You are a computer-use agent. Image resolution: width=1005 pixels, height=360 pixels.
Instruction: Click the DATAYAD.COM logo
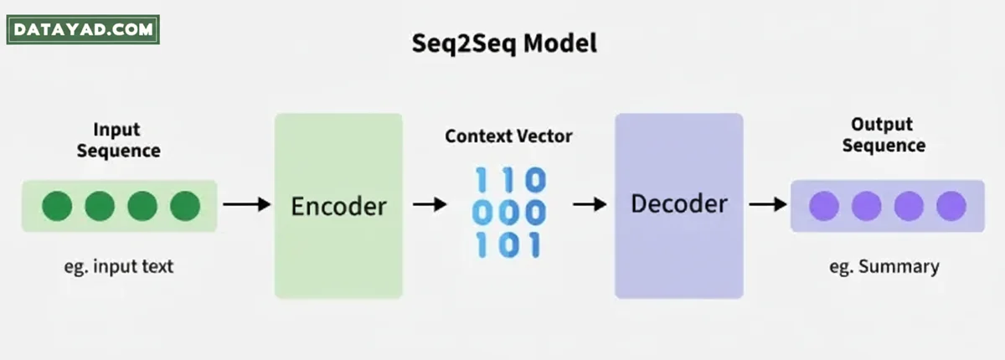pyautogui.click(x=82, y=30)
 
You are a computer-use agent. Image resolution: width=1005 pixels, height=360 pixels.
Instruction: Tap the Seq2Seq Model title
pyautogui.click(x=504, y=44)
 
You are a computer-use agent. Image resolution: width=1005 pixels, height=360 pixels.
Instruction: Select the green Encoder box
pyautogui.click(x=338, y=206)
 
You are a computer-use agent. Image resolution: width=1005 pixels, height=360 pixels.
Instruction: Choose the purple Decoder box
pyautogui.click(x=678, y=206)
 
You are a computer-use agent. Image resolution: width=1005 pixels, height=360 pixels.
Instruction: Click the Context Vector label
pyautogui.click(x=508, y=136)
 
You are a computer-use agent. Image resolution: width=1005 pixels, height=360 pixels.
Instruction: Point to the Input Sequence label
pyautogui.click(x=118, y=141)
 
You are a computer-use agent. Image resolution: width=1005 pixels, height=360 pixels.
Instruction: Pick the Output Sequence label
pyautogui.click(x=884, y=135)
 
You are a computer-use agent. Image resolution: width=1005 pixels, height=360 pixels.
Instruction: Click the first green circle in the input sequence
pyautogui.click(x=57, y=206)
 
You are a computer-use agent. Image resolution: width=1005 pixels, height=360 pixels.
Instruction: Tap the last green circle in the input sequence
pyautogui.click(x=185, y=206)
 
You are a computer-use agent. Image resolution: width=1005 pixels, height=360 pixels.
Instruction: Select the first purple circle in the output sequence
pyautogui.click(x=824, y=206)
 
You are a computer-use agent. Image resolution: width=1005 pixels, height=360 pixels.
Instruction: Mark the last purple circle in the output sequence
pyautogui.click(x=951, y=206)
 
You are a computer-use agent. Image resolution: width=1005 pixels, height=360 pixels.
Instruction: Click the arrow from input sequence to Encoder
pyautogui.click(x=247, y=205)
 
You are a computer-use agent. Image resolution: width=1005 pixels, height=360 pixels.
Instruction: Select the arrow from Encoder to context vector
pyautogui.click(x=430, y=205)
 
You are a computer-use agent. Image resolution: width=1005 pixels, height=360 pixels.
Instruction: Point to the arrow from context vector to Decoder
pyautogui.click(x=589, y=205)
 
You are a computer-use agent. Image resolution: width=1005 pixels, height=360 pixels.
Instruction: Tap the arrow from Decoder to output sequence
pyautogui.click(x=765, y=205)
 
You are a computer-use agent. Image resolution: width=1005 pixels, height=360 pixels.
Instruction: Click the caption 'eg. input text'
pyautogui.click(x=118, y=267)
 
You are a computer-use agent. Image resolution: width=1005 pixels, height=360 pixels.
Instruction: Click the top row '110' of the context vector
pyautogui.click(x=510, y=180)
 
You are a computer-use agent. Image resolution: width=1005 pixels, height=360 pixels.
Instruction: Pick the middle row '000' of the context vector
pyautogui.click(x=509, y=213)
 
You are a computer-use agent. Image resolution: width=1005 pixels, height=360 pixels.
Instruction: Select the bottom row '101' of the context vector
pyautogui.click(x=509, y=245)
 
